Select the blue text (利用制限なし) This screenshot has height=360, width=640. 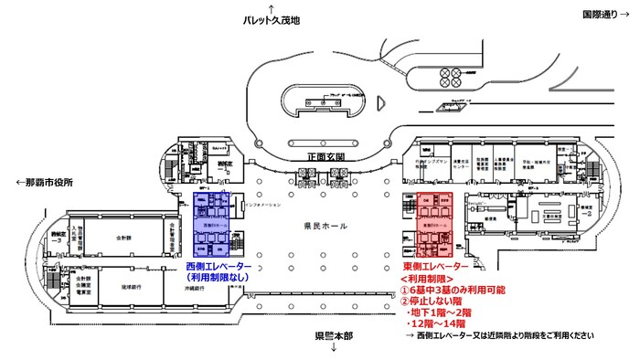tap(225, 278)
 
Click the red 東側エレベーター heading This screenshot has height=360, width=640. tap(435, 266)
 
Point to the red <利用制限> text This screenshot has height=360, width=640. tap(429, 278)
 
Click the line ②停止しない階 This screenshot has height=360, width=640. tap(433, 302)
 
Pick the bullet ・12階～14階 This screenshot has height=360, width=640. tap(443, 324)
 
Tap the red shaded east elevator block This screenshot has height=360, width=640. tap(435, 225)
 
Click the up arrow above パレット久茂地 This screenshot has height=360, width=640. tap(272, 7)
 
